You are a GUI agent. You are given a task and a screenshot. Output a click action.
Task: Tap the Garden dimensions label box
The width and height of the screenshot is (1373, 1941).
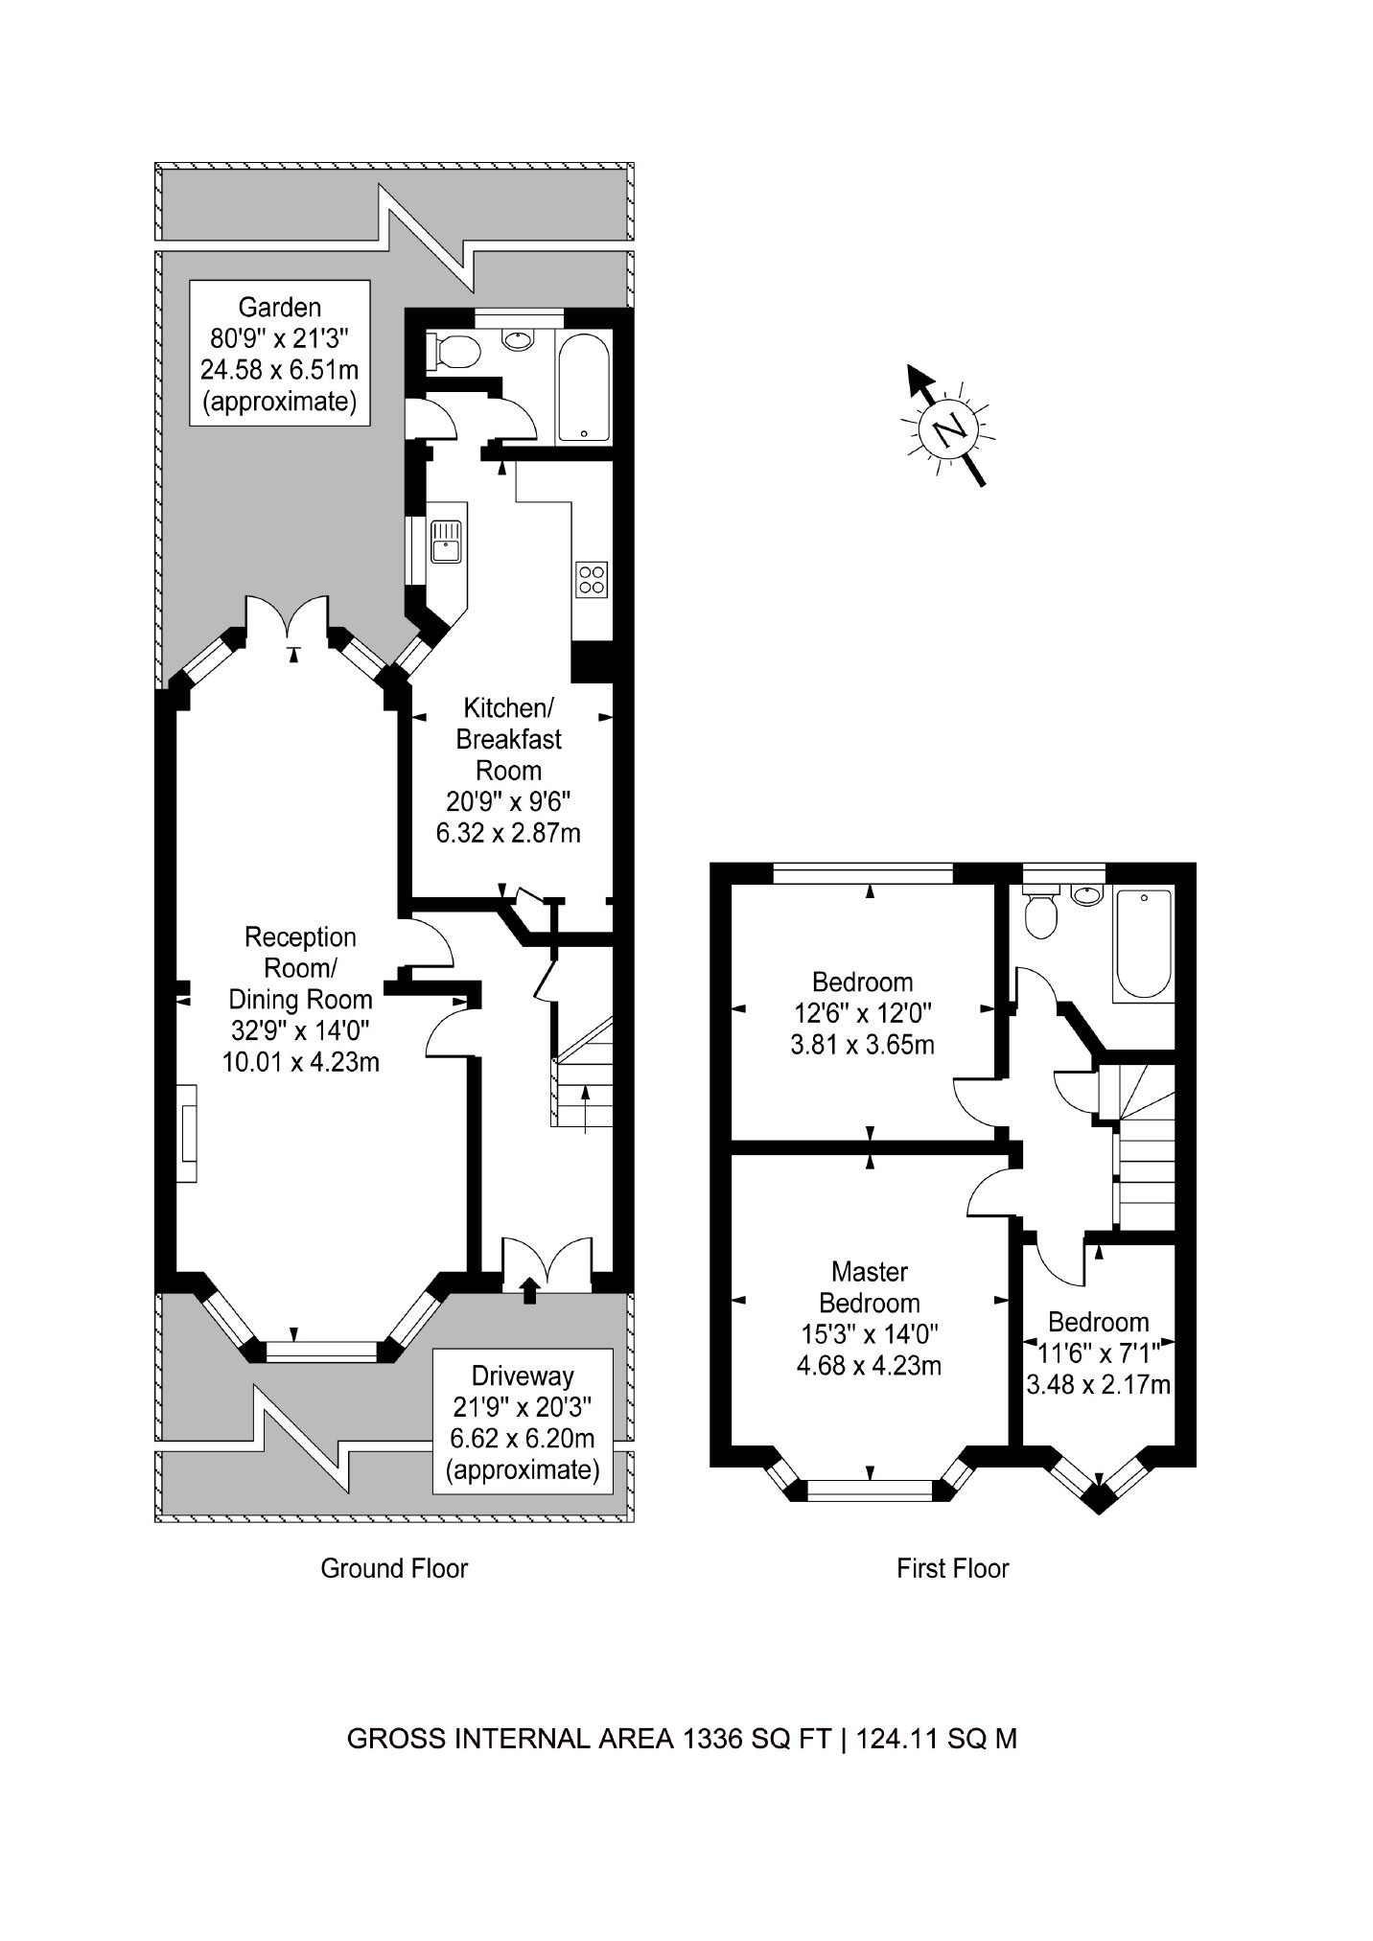pos(279,354)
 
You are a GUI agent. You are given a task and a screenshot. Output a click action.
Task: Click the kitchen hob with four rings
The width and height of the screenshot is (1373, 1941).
pos(592,579)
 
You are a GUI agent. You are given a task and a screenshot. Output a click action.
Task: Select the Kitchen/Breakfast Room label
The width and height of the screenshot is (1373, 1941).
pos(508,771)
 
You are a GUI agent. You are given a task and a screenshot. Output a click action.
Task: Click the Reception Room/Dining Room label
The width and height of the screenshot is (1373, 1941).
pos(300,1000)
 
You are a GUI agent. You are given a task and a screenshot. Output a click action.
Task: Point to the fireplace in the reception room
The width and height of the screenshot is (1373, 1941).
pos(187,1133)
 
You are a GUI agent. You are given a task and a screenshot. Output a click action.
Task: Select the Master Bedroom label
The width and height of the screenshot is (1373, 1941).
pos(869,1318)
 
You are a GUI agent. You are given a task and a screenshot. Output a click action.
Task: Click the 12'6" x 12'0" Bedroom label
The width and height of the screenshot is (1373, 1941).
pos(862,1012)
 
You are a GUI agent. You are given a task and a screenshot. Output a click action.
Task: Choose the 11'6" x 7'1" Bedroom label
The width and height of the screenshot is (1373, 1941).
pos(1098,1352)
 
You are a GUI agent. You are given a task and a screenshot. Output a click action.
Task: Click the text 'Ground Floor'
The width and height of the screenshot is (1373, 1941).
pos(394,1568)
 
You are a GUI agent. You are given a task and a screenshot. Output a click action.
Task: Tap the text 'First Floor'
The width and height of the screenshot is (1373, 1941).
pos(952,1568)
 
